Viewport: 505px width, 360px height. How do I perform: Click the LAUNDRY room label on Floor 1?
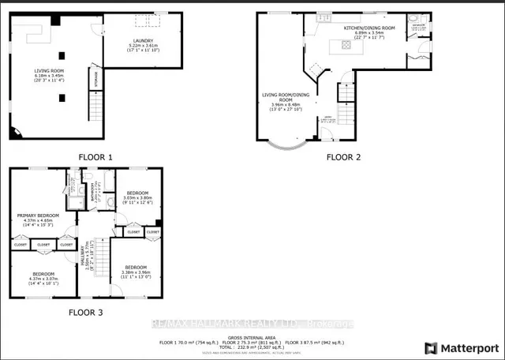(x=143, y=41)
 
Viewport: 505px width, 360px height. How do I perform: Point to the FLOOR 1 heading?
(x=95, y=157)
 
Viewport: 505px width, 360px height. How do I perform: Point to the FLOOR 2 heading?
(x=345, y=157)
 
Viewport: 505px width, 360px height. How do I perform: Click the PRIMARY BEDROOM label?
(x=39, y=216)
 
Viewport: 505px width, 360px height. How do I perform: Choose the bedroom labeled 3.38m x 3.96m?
(x=137, y=271)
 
